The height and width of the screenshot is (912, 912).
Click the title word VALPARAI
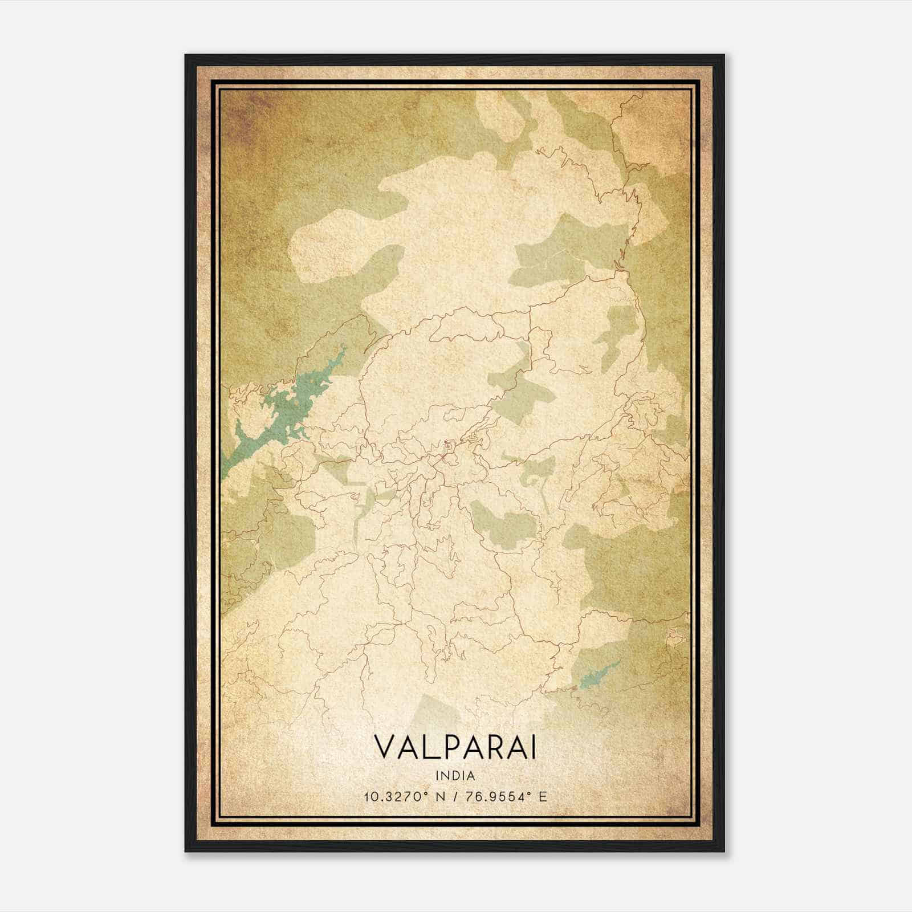click(455, 748)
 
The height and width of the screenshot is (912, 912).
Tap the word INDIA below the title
click(455, 775)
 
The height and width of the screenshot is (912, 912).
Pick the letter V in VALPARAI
click(384, 748)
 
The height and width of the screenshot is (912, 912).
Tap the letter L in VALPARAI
click(426, 748)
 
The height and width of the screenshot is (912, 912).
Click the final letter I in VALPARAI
click(533, 748)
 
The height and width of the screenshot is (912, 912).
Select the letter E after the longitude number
click(543, 797)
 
